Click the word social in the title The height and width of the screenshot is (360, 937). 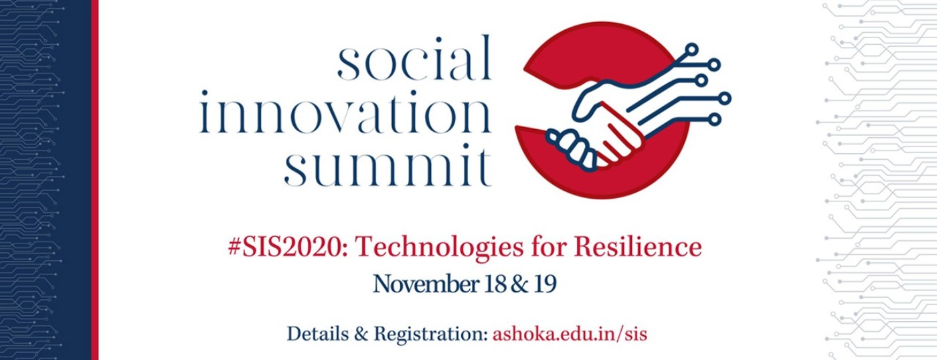click(414, 58)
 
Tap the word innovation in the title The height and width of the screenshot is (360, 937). click(345, 111)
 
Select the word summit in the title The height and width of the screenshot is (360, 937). click(388, 164)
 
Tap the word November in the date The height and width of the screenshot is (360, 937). click(426, 284)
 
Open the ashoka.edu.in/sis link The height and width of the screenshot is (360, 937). click(570, 335)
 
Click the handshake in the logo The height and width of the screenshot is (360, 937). click(598, 130)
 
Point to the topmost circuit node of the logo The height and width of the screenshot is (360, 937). click(692, 50)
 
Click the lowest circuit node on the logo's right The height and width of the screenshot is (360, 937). click(715, 120)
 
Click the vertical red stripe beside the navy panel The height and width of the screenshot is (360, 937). click(94, 180)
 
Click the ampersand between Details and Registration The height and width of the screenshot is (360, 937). click(361, 335)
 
